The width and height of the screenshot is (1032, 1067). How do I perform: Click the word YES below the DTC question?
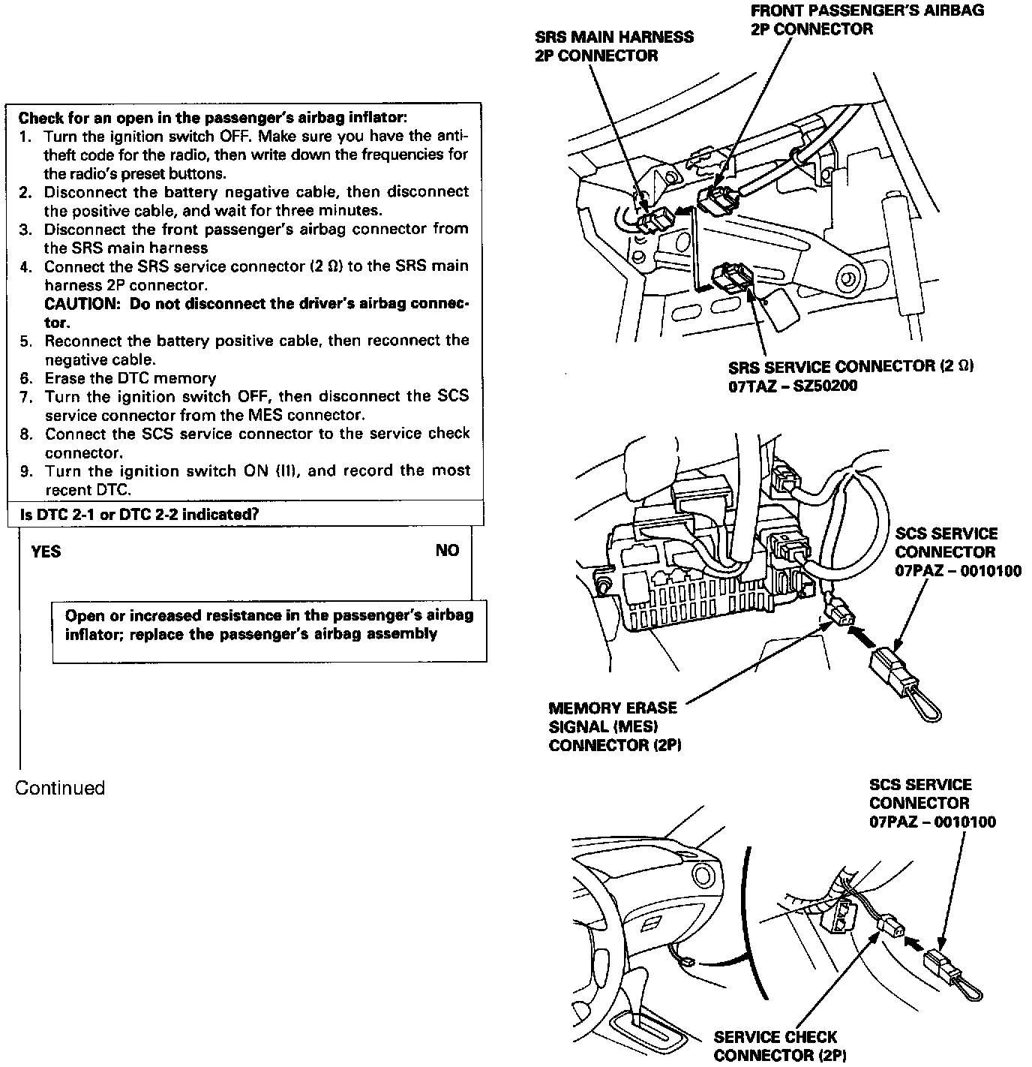click(x=46, y=552)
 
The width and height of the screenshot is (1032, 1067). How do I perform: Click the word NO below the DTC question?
click(x=447, y=551)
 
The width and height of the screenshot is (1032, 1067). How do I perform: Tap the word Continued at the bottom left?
click(x=60, y=788)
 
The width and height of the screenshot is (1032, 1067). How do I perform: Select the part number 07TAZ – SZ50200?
click(x=793, y=386)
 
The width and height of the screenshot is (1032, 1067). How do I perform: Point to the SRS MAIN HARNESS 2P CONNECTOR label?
click(x=613, y=46)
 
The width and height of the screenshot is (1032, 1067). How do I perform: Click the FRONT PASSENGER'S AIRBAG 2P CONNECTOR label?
click(x=866, y=20)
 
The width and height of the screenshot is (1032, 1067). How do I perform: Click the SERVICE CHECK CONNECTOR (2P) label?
click(x=780, y=1046)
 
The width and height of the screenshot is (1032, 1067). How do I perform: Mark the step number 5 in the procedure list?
click(x=26, y=341)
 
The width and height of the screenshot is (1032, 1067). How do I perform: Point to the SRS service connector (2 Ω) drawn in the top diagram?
click(x=727, y=275)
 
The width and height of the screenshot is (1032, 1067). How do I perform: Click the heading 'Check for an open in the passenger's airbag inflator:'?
click(x=213, y=118)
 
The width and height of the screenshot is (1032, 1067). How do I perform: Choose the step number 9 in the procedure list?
click(x=26, y=471)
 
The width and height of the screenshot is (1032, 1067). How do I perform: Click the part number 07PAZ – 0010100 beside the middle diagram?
click(x=958, y=570)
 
